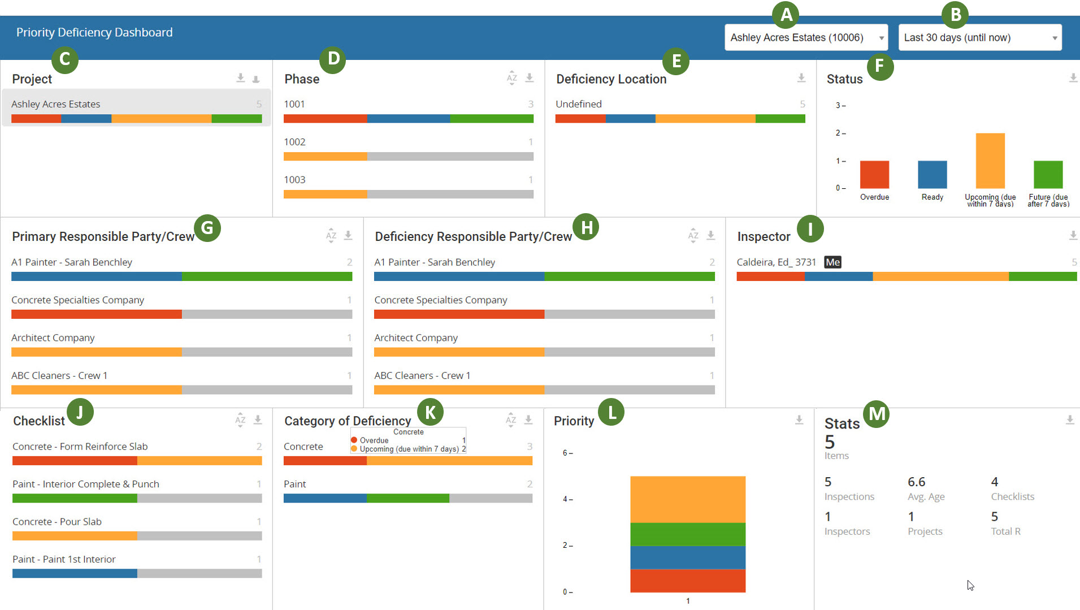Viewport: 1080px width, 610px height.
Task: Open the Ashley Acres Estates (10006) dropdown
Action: pyautogui.click(x=806, y=38)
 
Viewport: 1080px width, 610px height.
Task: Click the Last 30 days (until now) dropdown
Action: pyautogui.click(x=979, y=38)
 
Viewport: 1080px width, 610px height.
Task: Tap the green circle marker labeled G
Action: pyautogui.click(x=207, y=228)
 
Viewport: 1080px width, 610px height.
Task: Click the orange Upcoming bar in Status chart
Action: pyautogui.click(x=990, y=161)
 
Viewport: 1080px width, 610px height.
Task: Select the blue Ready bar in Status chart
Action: pyautogui.click(x=932, y=175)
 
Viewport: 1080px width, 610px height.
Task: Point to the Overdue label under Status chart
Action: pyautogui.click(x=874, y=197)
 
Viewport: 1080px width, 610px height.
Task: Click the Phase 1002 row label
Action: pyautogui.click(x=294, y=142)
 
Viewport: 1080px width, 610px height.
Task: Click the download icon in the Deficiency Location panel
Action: pyautogui.click(x=801, y=78)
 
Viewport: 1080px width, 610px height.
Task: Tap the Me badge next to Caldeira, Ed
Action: pyautogui.click(x=832, y=262)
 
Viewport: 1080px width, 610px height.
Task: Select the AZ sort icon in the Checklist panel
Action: pyautogui.click(x=240, y=420)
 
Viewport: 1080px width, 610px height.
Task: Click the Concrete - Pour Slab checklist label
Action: pyautogui.click(x=57, y=522)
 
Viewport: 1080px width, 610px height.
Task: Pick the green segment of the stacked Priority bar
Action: pyautogui.click(x=688, y=534)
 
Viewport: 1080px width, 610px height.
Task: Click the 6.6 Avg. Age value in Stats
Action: pyautogui.click(x=916, y=482)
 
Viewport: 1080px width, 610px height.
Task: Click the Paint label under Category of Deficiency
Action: pyautogui.click(x=294, y=484)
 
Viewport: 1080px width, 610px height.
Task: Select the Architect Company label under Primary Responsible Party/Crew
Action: pyautogui.click(x=53, y=338)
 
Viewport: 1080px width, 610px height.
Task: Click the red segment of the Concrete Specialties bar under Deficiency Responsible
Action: pyautogui.click(x=459, y=314)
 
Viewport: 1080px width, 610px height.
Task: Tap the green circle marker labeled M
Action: pyautogui.click(x=877, y=414)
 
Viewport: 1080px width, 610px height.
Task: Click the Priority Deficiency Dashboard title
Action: pyautogui.click(x=94, y=33)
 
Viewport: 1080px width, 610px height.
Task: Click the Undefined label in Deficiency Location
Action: pyautogui.click(x=578, y=104)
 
